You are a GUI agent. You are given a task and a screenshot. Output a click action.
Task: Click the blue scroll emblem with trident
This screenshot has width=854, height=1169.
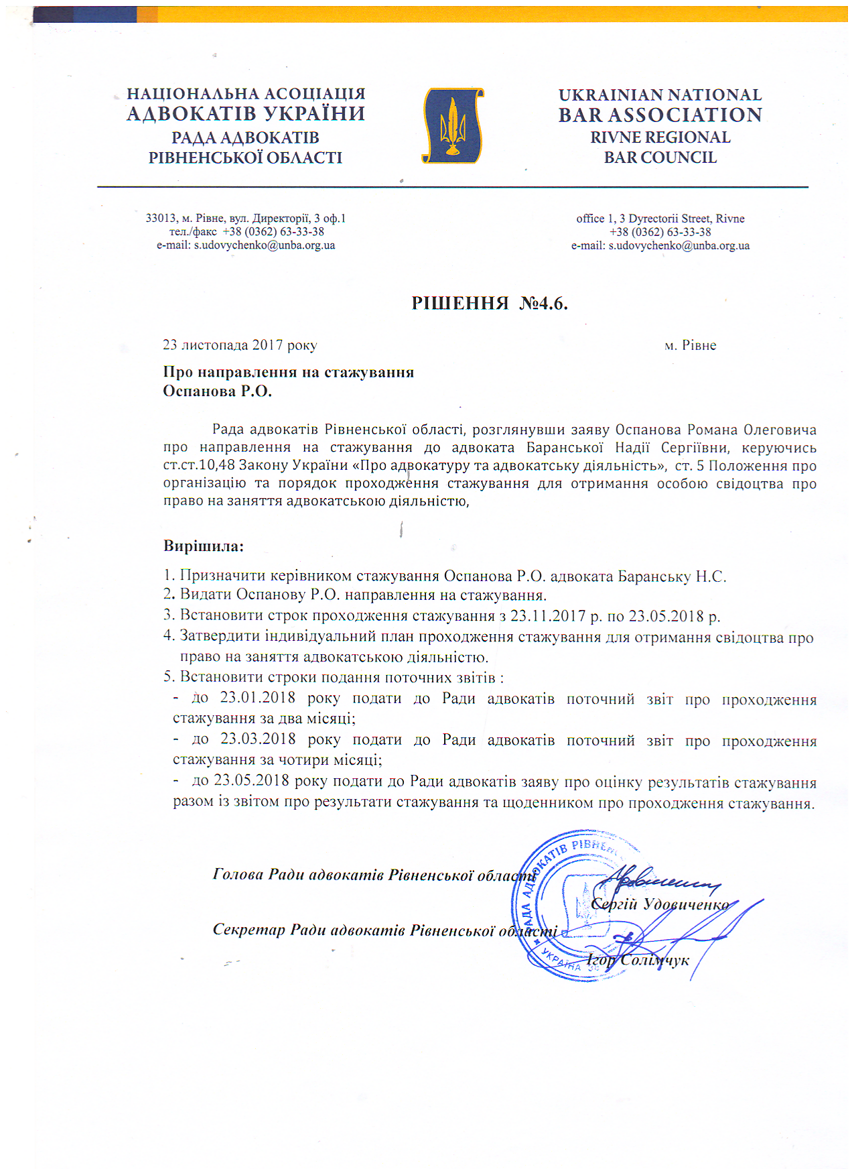453,126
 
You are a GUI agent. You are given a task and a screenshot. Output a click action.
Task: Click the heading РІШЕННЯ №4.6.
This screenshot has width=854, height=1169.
489,304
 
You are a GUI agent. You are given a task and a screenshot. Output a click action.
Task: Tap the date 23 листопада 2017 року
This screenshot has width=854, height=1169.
240,345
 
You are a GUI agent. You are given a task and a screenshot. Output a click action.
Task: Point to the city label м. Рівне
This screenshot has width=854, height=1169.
690,346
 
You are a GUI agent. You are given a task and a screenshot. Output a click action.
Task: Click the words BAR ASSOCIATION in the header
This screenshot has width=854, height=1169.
660,115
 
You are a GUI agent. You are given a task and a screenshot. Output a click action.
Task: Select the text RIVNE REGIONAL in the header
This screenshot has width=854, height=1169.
660,137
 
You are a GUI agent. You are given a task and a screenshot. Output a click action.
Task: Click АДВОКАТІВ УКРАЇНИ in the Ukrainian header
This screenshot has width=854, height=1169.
246,114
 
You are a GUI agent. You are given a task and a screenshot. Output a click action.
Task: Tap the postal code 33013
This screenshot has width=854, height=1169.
161,219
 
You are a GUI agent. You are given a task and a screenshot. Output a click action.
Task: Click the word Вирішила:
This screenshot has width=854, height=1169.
204,546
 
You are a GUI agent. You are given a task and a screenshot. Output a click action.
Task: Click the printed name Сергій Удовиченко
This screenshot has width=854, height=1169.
660,904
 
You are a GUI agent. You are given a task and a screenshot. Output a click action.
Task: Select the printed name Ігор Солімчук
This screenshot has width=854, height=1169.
638,960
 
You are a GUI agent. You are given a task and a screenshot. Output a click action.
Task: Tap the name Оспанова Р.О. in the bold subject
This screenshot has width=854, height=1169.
218,391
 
